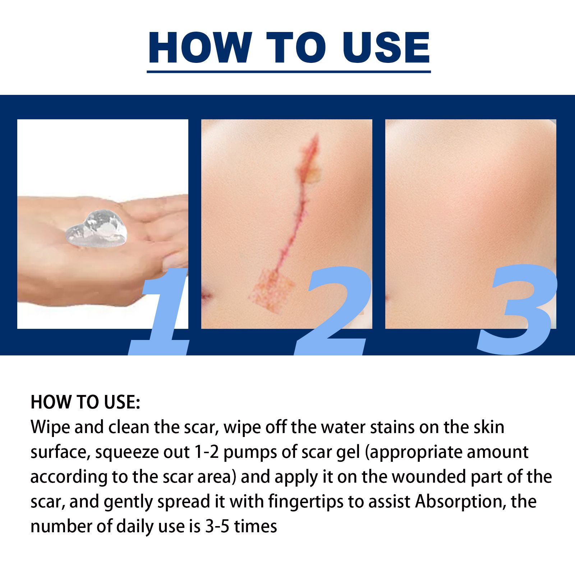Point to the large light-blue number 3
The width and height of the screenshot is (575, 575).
517,311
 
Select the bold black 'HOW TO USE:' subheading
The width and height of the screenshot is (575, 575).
85,402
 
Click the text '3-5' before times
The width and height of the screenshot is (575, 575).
217,526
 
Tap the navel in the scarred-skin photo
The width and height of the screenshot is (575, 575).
206,295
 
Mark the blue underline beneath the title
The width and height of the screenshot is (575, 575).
289,72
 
